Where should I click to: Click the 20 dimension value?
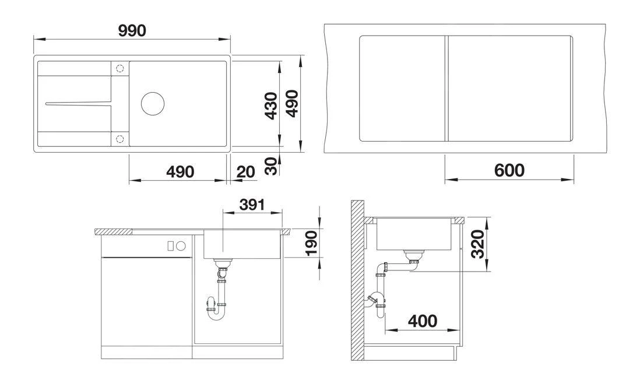pos(246,172)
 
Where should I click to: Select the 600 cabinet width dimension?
pos(509,170)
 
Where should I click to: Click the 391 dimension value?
pos(252,205)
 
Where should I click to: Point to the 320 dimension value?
pos(478,245)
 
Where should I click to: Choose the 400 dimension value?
pos(421,321)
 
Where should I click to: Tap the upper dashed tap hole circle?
pos(120,69)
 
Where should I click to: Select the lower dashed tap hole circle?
pos(120,139)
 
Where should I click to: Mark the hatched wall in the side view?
pos(357,280)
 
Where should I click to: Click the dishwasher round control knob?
pos(181,246)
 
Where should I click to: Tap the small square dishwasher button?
pos(171,246)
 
